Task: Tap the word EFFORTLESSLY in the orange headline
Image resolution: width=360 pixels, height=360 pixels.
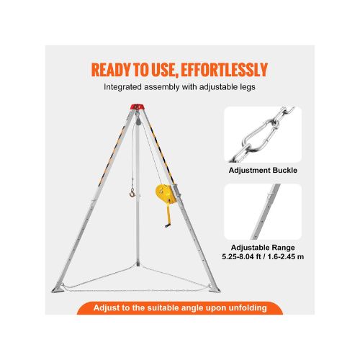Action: point(224,70)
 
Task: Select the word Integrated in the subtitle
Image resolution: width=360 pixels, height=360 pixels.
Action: point(123,87)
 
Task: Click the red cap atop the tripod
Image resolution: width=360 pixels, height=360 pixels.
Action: point(136,107)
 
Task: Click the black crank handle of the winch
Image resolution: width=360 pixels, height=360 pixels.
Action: point(167,225)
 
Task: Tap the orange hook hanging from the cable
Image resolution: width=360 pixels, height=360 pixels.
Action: point(132,192)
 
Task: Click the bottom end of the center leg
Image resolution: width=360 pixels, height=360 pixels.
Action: point(138,264)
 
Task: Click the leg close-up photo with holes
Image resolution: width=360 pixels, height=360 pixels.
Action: point(263,212)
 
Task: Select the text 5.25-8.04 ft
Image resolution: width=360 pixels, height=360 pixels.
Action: point(241,256)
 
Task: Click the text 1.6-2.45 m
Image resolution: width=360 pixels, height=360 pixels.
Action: point(286,256)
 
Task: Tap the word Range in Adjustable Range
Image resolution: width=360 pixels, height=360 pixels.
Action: point(283,248)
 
